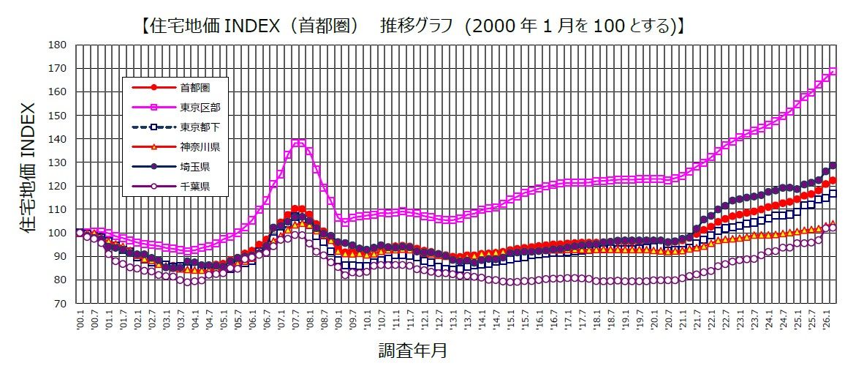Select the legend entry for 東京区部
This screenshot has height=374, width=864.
pyautogui.click(x=200, y=108)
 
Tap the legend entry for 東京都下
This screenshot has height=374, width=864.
pyautogui.click(x=200, y=127)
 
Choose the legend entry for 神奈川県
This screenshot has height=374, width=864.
pyautogui.click(x=200, y=147)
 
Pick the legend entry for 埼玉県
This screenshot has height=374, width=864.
pyautogui.click(x=194, y=167)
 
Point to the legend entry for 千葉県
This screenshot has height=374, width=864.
pyautogui.click(x=194, y=187)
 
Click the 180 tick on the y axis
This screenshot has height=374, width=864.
pyautogui.click(x=59, y=45)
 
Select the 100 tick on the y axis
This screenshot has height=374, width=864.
pyautogui.click(x=59, y=233)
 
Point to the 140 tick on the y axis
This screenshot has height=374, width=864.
pyautogui.click(x=59, y=139)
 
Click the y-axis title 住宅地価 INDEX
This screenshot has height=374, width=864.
pyautogui.click(x=27, y=173)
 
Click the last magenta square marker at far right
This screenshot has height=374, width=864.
pyautogui.click(x=833, y=71)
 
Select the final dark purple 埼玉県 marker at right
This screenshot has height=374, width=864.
pyautogui.click(x=833, y=165)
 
